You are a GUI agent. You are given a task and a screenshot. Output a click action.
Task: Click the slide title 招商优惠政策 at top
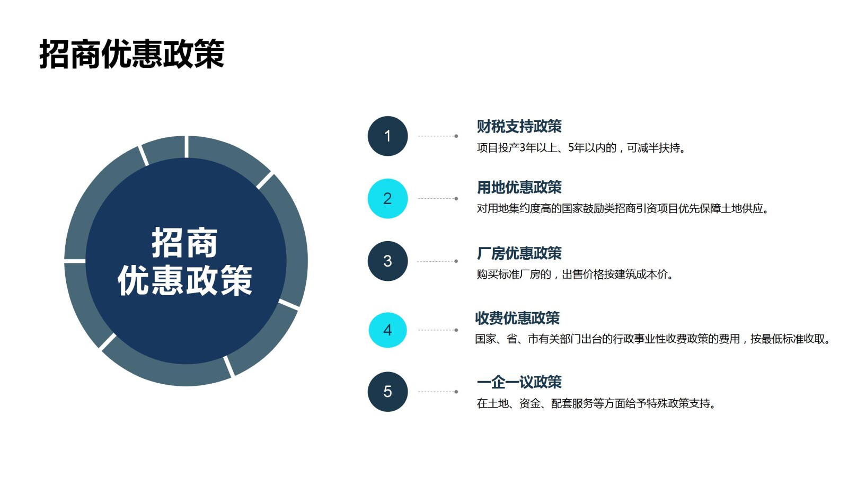131,54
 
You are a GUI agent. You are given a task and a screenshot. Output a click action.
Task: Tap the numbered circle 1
387,136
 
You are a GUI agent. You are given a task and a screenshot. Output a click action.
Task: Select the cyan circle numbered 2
387,199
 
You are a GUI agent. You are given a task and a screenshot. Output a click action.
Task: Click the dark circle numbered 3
387,261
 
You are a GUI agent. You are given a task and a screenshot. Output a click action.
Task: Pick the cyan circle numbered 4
387,330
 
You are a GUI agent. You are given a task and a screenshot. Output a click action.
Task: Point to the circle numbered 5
387,392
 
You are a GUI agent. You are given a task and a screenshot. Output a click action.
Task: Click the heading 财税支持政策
519,126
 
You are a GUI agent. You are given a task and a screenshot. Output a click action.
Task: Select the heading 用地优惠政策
519,187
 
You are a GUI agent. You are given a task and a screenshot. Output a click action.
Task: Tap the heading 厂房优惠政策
519,253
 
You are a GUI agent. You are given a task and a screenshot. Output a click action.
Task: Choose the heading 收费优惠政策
517,318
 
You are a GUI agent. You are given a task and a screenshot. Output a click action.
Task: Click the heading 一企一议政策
519,382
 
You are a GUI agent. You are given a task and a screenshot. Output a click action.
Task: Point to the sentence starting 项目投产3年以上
581,148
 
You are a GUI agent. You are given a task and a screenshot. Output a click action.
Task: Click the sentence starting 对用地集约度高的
622,208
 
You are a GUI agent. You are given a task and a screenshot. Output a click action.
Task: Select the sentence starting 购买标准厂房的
575,275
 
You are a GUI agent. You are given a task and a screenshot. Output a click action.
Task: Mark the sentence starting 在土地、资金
596,404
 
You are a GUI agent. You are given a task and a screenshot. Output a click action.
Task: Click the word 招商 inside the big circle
184,243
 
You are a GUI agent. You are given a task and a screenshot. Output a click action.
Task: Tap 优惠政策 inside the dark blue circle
184,280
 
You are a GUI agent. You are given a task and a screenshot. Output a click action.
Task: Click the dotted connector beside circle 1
438,136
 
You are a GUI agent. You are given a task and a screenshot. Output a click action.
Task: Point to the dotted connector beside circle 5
438,392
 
